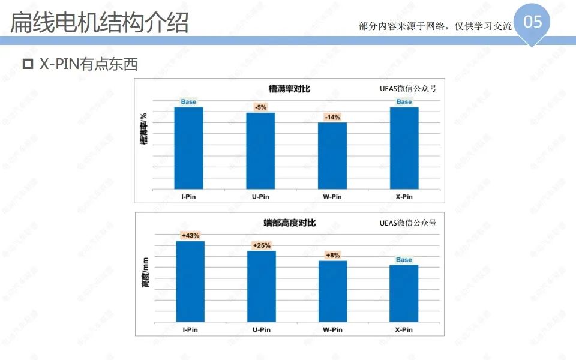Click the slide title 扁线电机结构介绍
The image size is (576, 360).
tap(100, 22)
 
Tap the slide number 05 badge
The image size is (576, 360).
tap(532, 23)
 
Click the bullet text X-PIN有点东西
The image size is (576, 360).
tap(88, 64)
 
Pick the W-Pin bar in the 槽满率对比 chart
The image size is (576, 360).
tap(332, 155)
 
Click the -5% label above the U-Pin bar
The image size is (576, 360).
tap(260, 107)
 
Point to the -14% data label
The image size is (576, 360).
tap(332, 117)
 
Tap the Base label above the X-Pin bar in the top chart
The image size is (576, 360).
tap(404, 102)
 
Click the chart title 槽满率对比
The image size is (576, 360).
tap(289, 89)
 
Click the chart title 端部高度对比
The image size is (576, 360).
tap(289, 223)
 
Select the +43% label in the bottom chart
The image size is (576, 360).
tap(190, 235)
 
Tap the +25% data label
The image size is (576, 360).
tap(262, 245)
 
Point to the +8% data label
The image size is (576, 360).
tap(332, 255)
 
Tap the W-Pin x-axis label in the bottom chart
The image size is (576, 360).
tap(332, 329)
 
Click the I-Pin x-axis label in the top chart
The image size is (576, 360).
tap(188, 196)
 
